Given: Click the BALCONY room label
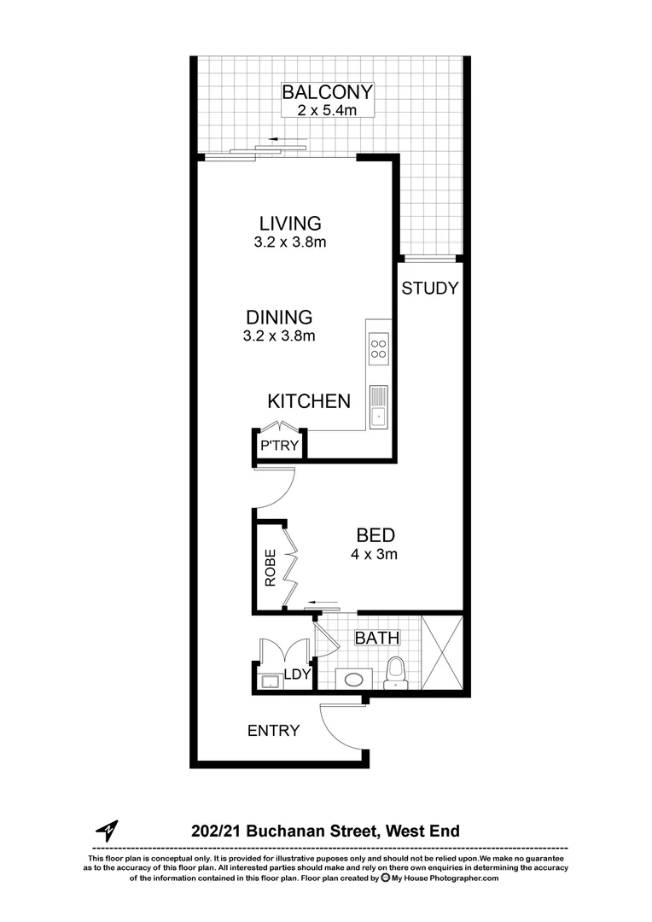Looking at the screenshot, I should pyautogui.click(x=329, y=92).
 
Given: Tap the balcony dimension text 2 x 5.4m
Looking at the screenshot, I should pyautogui.click(x=329, y=110).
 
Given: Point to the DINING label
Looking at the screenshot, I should pyautogui.click(x=279, y=318).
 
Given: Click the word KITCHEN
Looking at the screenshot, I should pyautogui.click(x=309, y=401).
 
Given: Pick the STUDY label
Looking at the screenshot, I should pyautogui.click(x=430, y=289).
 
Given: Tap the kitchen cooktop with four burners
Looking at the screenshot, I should pyautogui.click(x=378, y=348).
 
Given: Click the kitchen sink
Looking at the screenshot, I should pyautogui.click(x=378, y=406).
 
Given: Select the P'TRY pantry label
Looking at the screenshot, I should pyautogui.click(x=279, y=446).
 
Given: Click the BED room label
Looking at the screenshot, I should pyautogui.click(x=375, y=536).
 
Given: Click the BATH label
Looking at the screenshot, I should pyautogui.click(x=376, y=638).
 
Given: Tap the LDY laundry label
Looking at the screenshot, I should pyautogui.click(x=297, y=674).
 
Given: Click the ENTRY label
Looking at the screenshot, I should pyautogui.click(x=273, y=731).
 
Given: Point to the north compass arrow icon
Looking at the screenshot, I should pyautogui.click(x=107, y=830).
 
